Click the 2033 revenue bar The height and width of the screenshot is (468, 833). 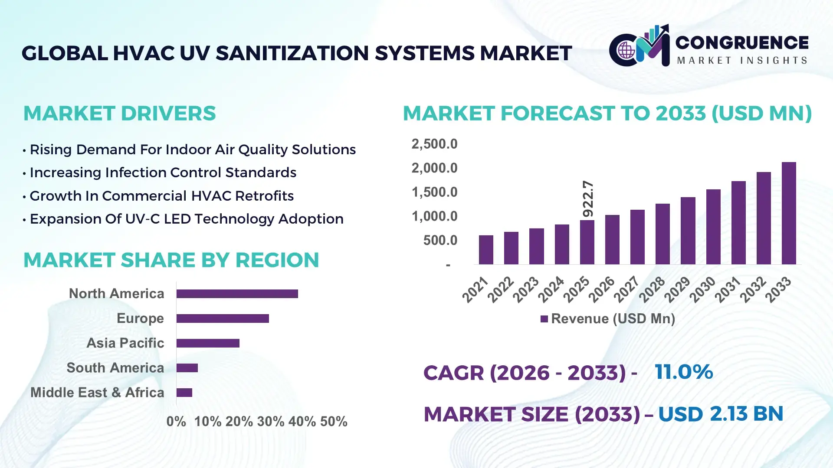point(789,213)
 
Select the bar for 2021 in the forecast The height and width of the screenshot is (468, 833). point(486,250)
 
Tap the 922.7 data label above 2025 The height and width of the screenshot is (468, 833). point(588,199)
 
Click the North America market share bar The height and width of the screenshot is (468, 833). point(237,294)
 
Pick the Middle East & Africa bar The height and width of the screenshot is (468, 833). point(184,393)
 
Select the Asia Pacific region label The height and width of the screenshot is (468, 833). point(125,343)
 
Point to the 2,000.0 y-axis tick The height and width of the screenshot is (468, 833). point(434,168)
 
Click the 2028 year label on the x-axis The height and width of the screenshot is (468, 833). point(651,289)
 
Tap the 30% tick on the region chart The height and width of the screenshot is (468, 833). point(270,421)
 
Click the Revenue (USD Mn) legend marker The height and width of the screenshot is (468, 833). point(544,319)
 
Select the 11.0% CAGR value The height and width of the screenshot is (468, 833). point(683,372)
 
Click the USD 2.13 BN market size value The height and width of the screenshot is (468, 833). point(720,414)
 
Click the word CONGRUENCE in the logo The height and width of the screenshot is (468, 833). point(742,42)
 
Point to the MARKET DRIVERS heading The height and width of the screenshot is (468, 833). point(119,114)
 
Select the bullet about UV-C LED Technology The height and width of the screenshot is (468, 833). point(187,219)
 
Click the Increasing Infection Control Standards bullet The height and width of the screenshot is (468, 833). point(163,172)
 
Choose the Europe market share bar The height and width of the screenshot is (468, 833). point(223,318)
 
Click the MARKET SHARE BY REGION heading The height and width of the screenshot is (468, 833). point(171,260)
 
